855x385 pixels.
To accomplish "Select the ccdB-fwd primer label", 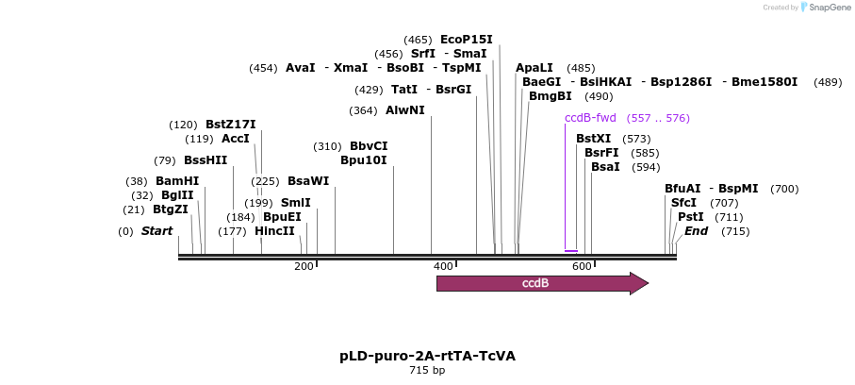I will (590, 118).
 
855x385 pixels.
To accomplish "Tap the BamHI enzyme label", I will (177, 181).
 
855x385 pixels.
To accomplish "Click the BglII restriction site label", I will (177, 195).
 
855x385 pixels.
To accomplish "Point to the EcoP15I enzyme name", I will (467, 40).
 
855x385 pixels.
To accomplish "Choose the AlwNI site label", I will (405, 110).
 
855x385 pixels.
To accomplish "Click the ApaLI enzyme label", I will (534, 68).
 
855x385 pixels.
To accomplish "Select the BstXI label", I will (594, 139).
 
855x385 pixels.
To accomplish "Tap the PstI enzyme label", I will (691, 217).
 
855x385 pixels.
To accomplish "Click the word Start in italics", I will (157, 231).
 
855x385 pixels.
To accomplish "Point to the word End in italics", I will (697, 231).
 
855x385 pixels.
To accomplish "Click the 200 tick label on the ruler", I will (304, 267).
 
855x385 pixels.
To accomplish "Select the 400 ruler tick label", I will (443, 267).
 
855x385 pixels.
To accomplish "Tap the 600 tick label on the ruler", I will (582, 267).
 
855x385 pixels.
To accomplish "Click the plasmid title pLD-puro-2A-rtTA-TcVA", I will (427, 356).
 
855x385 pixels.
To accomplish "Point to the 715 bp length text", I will (427, 371).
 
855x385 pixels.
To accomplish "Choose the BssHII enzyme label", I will (206, 160).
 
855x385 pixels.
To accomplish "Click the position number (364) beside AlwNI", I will (363, 110).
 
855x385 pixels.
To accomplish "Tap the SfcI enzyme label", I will (684, 203).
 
